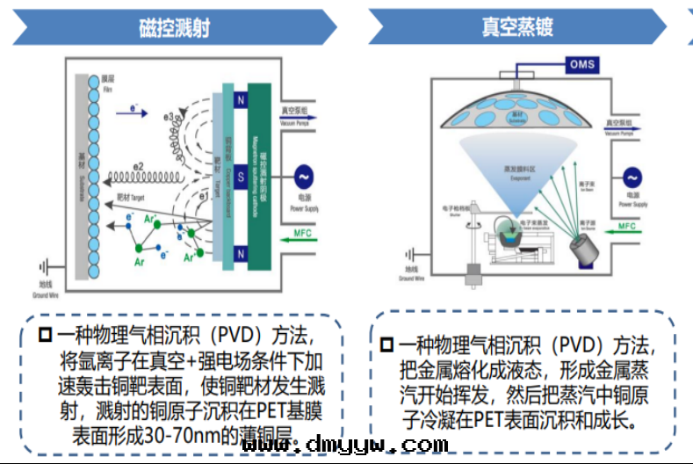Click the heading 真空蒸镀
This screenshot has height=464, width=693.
coord(517,27)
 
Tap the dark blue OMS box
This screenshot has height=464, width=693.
coord(582,64)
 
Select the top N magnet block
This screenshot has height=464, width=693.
coord(239,100)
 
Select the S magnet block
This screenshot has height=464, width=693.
coord(239,177)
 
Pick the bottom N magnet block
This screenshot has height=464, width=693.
coord(239,254)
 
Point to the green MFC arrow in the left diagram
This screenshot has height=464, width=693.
coord(300,236)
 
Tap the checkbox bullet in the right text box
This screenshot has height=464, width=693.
coord(386,345)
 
